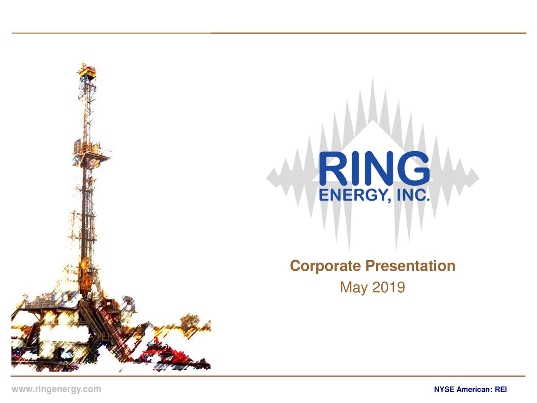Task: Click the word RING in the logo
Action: pyautogui.click(x=374, y=169)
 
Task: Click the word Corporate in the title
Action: pyautogui.click(x=325, y=266)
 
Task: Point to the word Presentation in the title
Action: pyautogui.click(x=410, y=266)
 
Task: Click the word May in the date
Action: pyautogui.click(x=353, y=288)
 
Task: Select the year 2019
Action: pyautogui.click(x=388, y=288)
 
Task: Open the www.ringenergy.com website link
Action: pyautogui.click(x=56, y=389)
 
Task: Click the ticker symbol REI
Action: pyautogui.click(x=501, y=390)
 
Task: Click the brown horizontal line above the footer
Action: pyautogui.click(x=268, y=376)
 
